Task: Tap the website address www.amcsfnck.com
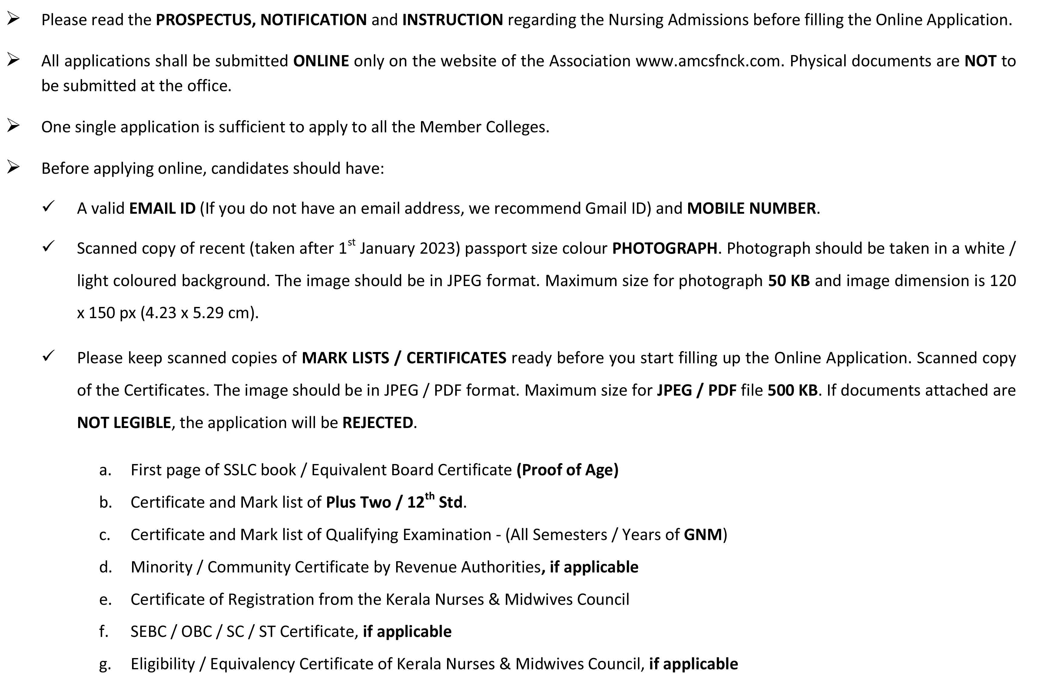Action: point(708,61)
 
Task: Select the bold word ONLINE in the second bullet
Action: point(321,61)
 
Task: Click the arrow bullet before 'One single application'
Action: point(13,126)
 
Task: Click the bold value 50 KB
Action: point(789,281)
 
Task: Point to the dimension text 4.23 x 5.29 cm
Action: point(199,313)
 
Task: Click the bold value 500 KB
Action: point(792,390)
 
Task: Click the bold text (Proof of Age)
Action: point(567,470)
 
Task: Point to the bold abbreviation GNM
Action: point(702,535)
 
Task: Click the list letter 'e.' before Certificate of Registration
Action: point(105,599)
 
